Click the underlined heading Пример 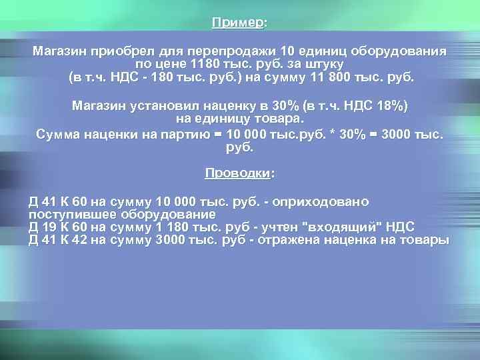click(237, 23)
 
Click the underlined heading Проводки click(237, 174)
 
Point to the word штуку click(323, 65)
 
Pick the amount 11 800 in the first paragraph click(337, 77)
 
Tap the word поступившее click(70, 215)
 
